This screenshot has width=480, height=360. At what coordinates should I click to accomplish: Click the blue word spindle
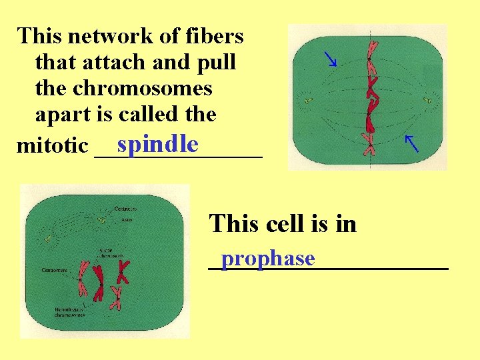coord(157,144)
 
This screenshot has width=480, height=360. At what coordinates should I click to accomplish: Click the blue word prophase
coord(268,257)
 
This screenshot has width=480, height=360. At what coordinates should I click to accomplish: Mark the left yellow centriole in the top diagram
coord(307,101)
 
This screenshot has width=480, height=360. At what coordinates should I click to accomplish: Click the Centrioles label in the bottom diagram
coord(126,208)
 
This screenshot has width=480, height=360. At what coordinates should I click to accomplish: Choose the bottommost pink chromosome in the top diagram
coord(369,143)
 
